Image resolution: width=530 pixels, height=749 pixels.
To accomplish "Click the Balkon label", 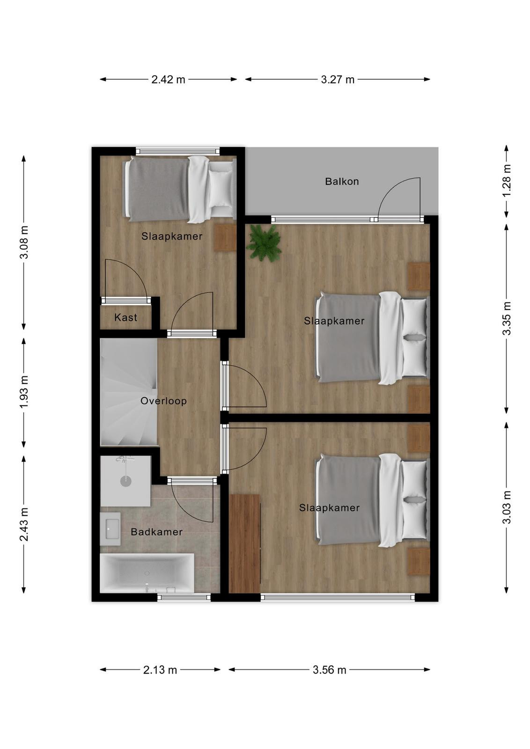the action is point(342,182).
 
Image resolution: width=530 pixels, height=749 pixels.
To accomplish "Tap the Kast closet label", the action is point(126,317).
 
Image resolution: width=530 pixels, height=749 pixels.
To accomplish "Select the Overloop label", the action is point(163,401).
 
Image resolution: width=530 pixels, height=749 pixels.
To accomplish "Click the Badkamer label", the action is point(156,532).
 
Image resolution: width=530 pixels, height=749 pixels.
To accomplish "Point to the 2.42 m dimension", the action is point(168,80).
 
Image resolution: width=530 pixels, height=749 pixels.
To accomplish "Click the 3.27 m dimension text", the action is point(338,80).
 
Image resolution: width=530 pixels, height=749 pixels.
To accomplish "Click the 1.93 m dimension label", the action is point(24,392).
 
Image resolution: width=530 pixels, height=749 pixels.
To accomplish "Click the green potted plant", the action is point(264,242).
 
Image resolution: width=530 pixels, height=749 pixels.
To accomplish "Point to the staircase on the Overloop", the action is point(129,392).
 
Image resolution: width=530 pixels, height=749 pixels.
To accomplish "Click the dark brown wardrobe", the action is point(245,543).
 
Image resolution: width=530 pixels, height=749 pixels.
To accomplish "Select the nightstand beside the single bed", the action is point(225,237).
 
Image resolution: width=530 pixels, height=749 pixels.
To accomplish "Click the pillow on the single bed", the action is point(221,189).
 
